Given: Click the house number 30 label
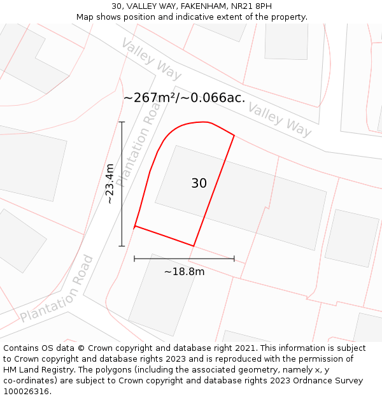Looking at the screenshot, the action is pyautogui.click(x=199, y=183).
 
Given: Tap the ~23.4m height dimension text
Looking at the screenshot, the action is pyautogui.click(x=110, y=183).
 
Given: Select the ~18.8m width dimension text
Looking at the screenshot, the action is pyautogui.click(x=185, y=272).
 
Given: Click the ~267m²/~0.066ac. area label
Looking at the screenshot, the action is pyautogui.click(x=184, y=97).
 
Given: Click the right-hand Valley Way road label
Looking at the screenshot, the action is pyautogui.click(x=280, y=119).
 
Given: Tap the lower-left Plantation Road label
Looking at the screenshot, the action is pyautogui.click(x=57, y=290).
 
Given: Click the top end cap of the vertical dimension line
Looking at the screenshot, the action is pyautogui.click(x=122, y=122).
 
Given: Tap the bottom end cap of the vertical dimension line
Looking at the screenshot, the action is pyautogui.click(x=122, y=246).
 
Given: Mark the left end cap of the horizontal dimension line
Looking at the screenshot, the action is pyautogui.click(x=134, y=259).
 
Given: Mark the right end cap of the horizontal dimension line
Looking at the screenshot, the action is pyautogui.click(x=234, y=259).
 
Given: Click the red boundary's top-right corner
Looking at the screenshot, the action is pyautogui.click(x=234, y=136).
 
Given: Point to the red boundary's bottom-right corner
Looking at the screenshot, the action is pyautogui.click(x=194, y=246).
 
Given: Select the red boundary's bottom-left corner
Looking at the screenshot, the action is pyautogui.click(x=134, y=227).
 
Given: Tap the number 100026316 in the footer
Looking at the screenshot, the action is pyautogui.click(x=25, y=391).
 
